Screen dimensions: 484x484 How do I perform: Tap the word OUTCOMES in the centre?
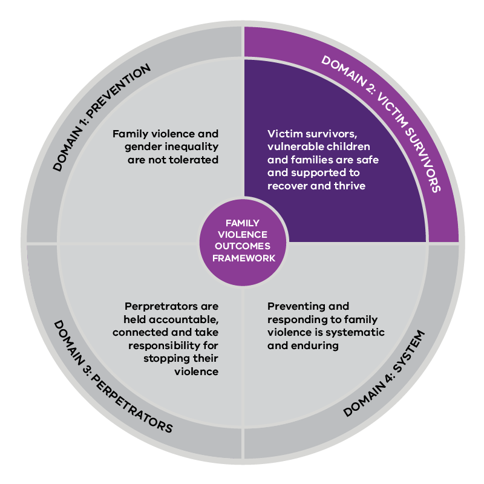(x=242, y=247)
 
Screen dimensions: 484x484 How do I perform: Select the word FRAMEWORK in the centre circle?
(x=242, y=258)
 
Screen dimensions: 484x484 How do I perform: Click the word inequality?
(x=193, y=146)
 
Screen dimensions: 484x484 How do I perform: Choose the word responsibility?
(x=158, y=345)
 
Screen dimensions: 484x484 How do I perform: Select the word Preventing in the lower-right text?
(x=293, y=307)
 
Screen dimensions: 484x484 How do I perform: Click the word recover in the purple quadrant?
(x=287, y=186)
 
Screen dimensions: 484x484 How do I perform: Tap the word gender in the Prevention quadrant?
(x=140, y=146)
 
